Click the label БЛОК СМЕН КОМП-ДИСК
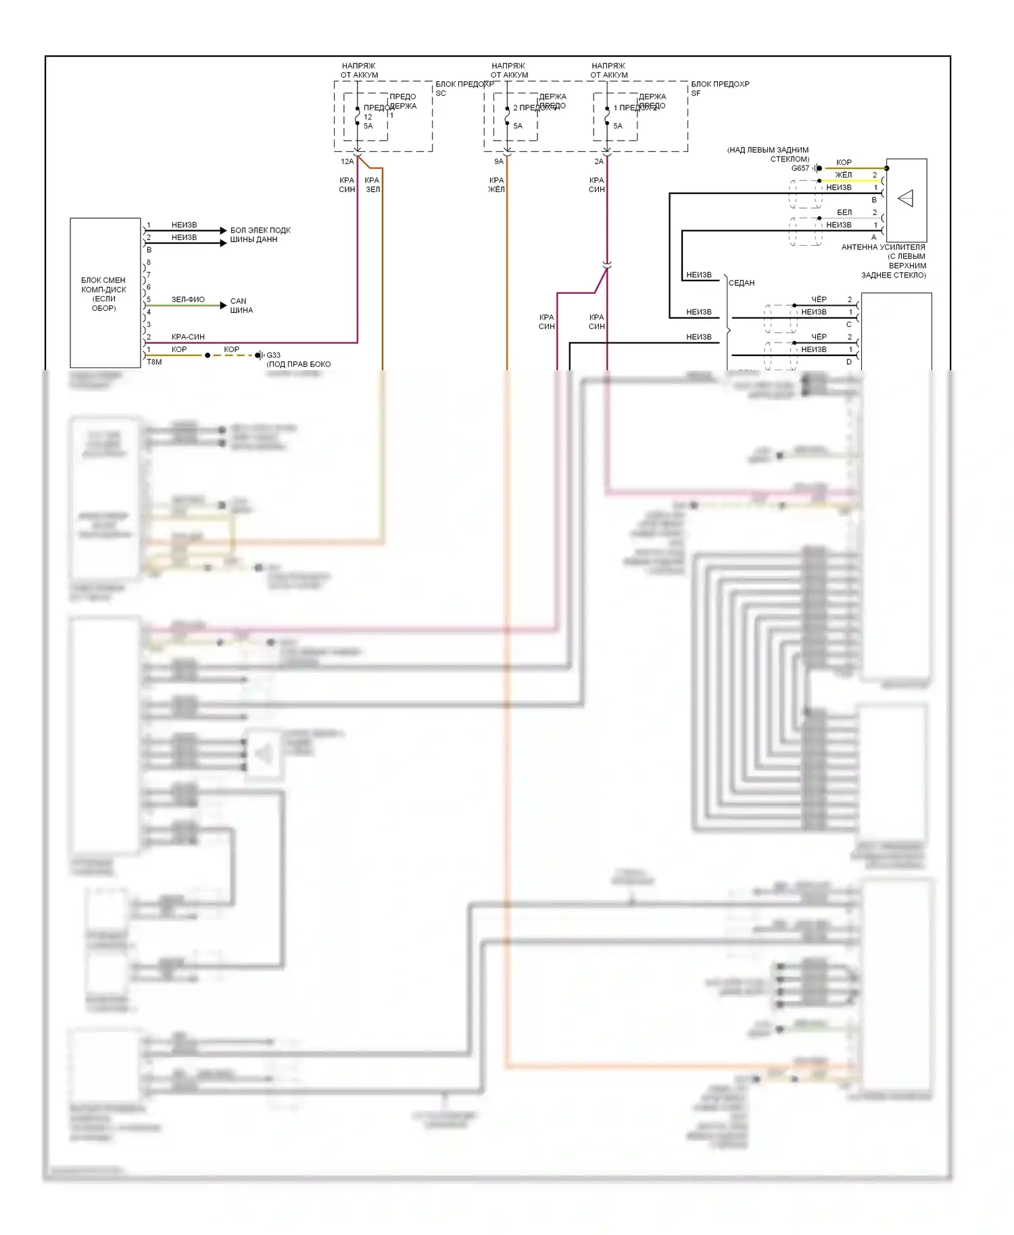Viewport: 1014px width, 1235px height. tap(103, 294)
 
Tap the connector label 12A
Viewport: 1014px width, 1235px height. tap(347, 161)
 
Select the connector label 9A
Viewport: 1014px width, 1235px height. tap(499, 161)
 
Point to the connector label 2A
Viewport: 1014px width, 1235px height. tap(599, 161)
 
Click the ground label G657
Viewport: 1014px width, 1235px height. tap(800, 168)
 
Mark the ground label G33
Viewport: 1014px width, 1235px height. tap(273, 355)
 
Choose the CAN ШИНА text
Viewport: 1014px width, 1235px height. tap(241, 305)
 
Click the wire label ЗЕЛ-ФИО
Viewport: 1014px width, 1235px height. tap(188, 299)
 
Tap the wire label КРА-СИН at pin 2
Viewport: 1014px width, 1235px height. tap(188, 336)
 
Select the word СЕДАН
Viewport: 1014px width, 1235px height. tap(742, 283)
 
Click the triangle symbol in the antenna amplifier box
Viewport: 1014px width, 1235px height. tap(906, 199)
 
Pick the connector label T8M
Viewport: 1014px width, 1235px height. tap(154, 362)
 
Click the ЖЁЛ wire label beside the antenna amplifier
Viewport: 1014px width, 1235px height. tap(844, 175)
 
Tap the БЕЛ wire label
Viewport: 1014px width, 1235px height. tap(844, 212)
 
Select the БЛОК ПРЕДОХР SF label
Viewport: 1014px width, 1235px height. tap(720, 89)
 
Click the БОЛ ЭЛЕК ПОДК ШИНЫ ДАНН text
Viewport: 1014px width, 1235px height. tap(260, 234)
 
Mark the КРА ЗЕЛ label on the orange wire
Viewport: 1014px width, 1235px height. tap(372, 184)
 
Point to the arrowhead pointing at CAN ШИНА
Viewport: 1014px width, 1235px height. tap(224, 305)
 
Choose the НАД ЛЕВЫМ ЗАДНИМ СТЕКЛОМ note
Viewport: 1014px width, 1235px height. tap(769, 154)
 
